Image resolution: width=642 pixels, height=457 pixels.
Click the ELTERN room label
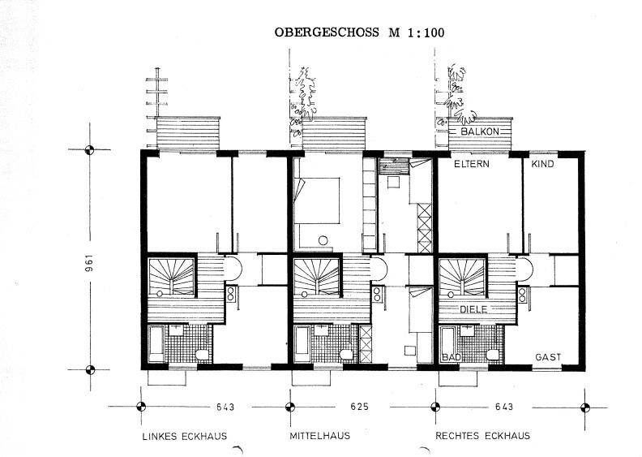click(x=471, y=165)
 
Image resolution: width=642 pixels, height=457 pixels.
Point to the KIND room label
click(x=542, y=165)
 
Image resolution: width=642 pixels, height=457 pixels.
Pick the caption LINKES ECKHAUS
click(x=184, y=437)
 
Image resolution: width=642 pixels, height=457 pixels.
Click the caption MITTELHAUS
click(x=319, y=437)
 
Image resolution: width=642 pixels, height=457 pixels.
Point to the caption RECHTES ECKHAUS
click(x=482, y=437)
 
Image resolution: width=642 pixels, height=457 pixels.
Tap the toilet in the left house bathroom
click(x=202, y=354)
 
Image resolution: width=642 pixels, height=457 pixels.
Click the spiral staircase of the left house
click(x=171, y=276)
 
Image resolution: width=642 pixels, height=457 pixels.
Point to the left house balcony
click(x=188, y=133)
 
